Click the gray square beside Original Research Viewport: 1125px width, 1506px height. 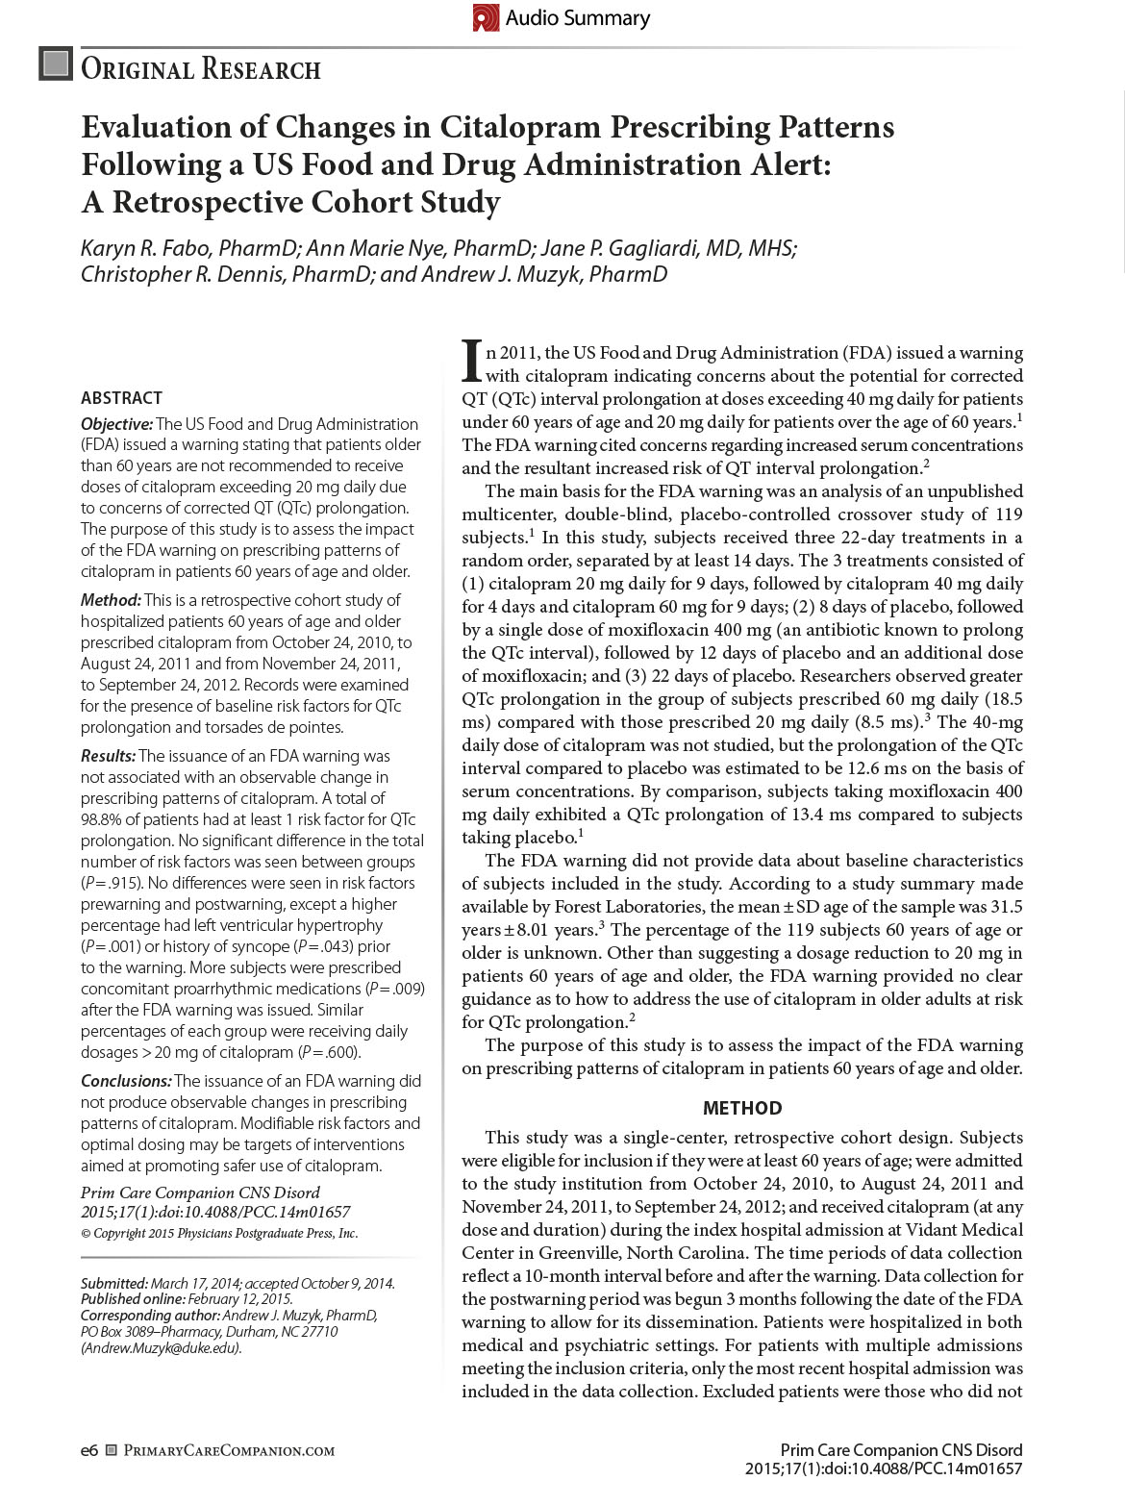click(x=56, y=63)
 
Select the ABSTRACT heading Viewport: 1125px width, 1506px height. click(x=121, y=398)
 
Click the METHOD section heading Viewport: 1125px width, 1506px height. click(x=742, y=1108)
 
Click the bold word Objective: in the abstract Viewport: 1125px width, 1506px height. click(x=116, y=424)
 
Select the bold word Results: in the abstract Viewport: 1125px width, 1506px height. click(x=109, y=757)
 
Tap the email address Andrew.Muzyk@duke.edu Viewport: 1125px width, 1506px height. click(x=161, y=1348)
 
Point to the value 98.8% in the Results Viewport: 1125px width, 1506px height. click(x=103, y=820)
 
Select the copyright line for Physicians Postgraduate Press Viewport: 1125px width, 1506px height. click(x=219, y=1234)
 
